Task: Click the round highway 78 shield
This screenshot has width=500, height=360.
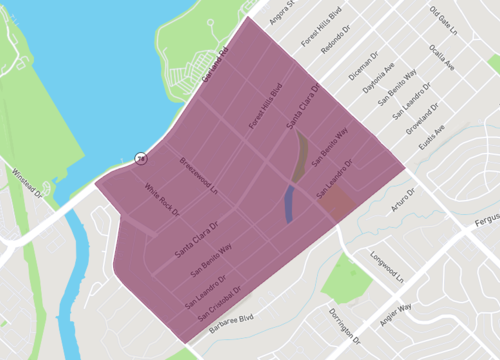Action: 142,158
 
